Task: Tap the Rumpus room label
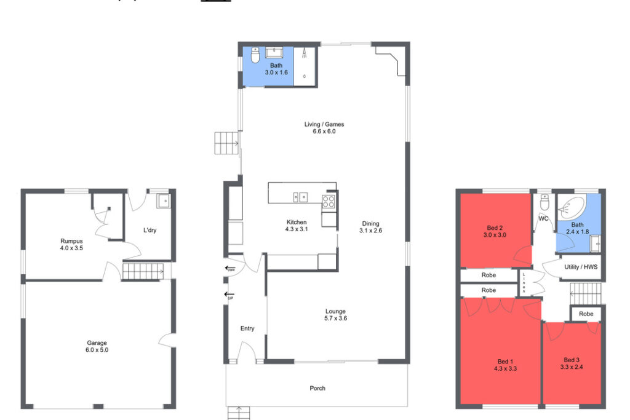click(x=71, y=241)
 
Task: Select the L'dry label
click(x=150, y=230)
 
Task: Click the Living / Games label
click(x=320, y=124)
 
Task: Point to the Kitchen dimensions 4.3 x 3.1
click(x=297, y=229)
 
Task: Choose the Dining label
click(x=370, y=223)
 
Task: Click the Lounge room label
click(x=335, y=311)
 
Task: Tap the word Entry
click(x=247, y=328)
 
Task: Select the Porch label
click(x=317, y=388)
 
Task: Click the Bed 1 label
click(x=506, y=361)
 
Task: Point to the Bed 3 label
click(x=572, y=360)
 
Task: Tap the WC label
click(x=543, y=218)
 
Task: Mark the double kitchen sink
click(x=300, y=197)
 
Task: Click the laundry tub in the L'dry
click(x=162, y=200)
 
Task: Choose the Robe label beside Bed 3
click(x=586, y=314)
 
